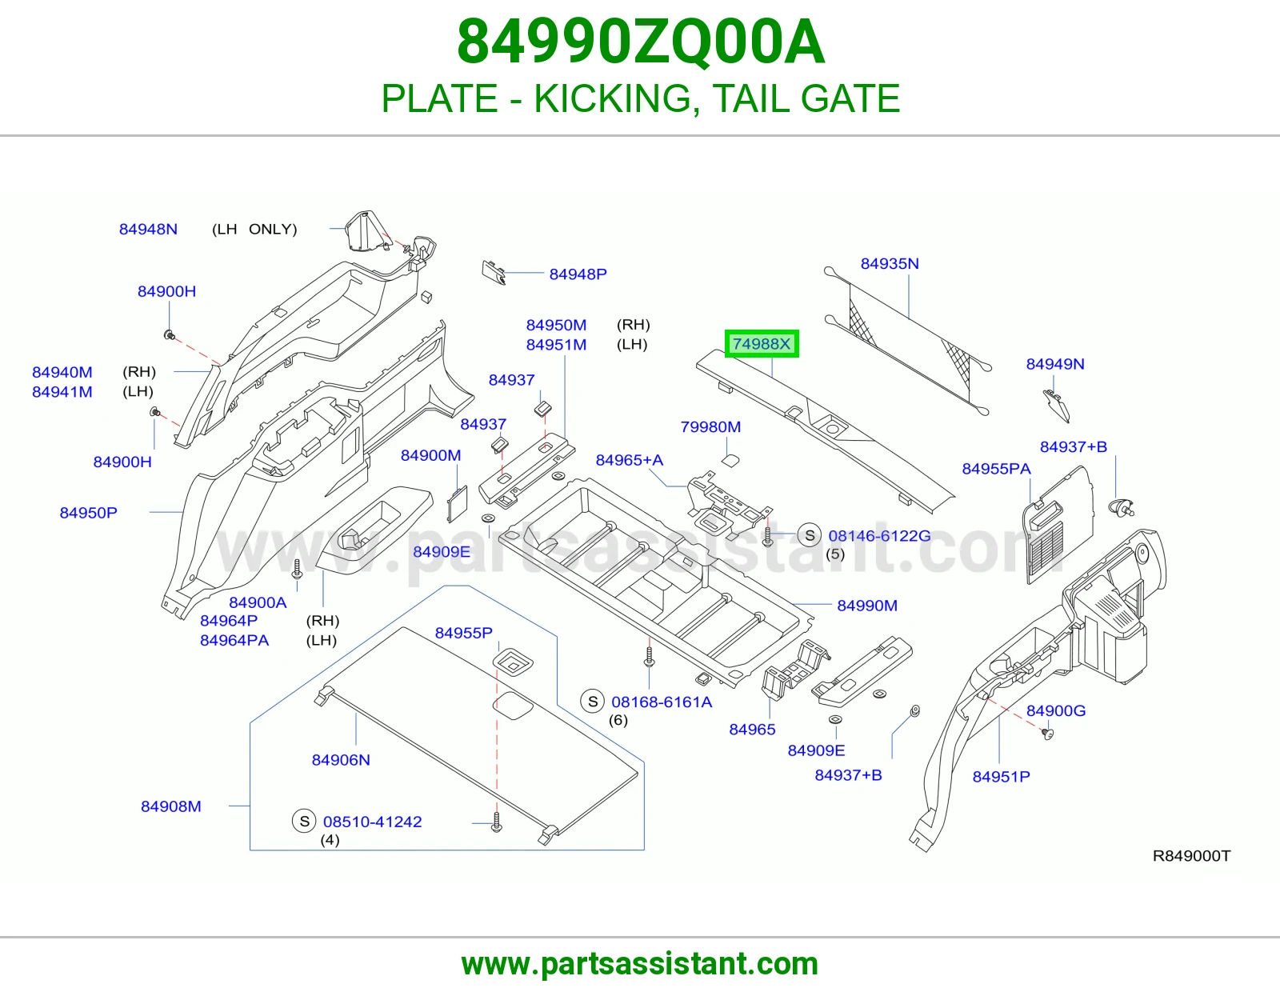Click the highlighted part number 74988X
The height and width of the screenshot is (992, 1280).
(761, 343)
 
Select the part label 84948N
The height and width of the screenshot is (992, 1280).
(149, 229)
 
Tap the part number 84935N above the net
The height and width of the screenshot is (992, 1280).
(890, 263)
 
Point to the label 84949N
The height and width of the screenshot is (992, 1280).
(1055, 364)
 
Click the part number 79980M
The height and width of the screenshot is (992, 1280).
(710, 426)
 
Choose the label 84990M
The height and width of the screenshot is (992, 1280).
(867, 606)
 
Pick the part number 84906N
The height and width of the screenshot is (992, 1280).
(341, 760)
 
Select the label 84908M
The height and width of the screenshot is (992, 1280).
(171, 806)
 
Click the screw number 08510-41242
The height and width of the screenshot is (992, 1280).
(372, 822)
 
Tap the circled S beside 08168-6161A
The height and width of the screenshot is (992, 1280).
(593, 702)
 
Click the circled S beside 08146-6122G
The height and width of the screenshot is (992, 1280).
(810, 535)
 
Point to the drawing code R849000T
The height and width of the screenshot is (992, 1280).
(1192, 856)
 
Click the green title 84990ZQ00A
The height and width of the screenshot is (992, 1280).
(641, 42)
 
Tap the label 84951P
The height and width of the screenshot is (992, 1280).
(1002, 776)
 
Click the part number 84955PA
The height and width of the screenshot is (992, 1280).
(997, 469)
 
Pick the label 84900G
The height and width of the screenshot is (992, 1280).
(1056, 710)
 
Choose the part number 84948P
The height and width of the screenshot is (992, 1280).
(578, 274)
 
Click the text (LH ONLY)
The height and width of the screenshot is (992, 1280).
(254, 229)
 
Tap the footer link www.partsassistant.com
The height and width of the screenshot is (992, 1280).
(640, 964)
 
